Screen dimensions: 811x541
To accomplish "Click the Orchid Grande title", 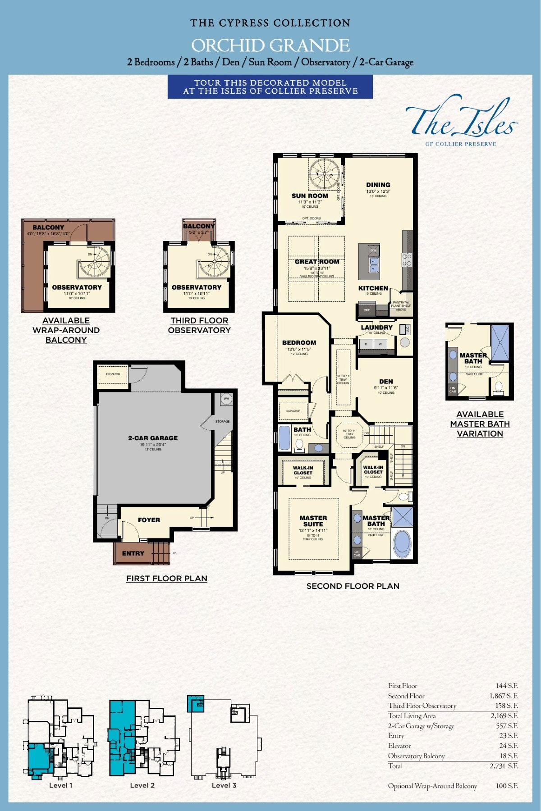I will pos(270,46).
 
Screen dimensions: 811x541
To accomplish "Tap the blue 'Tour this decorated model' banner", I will pos(270,87).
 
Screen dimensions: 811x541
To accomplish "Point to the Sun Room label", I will pos(310,196).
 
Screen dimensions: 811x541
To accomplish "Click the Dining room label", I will pos(378,185).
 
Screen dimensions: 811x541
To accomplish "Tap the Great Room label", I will pos(317,262).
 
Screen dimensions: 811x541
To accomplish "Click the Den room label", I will pos(386,381).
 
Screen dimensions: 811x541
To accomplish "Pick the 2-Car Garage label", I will pos(153,438).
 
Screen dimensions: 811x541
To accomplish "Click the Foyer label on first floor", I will pos(149,520).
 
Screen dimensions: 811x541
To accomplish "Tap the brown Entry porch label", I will pos(133,553).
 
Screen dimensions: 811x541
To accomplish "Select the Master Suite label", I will pos(313,521).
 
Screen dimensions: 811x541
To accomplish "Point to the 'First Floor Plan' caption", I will pos(167,579).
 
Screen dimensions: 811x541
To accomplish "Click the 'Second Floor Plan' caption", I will pos(353,586).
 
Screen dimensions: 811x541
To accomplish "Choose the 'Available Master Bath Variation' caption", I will pos(480,424).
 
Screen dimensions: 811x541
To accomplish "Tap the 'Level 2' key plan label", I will pos(142,785).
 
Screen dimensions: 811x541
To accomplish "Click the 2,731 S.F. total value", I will pos(504,766).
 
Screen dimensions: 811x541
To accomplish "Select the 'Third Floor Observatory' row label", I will pos(422,706).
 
